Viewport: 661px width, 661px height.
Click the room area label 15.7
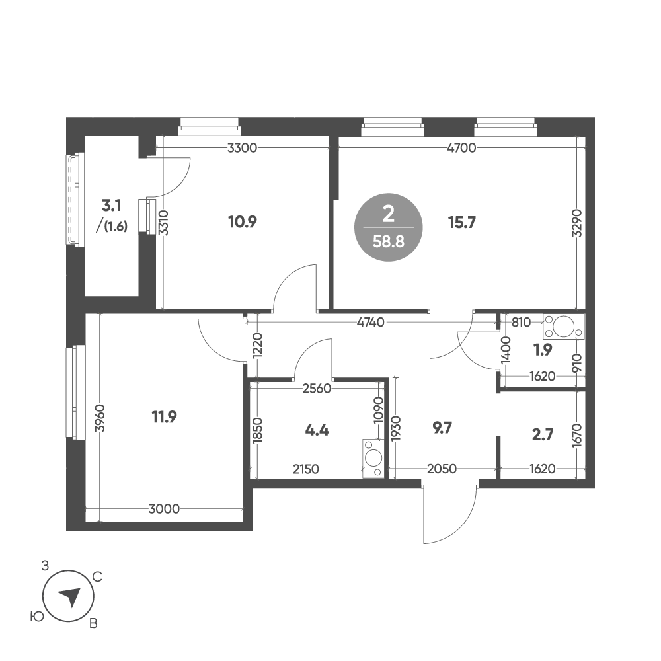(462, 222)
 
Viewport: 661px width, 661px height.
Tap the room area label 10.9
(243, 221)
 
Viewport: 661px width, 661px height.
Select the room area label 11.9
(165, 417)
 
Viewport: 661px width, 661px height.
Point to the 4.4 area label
(317, 430)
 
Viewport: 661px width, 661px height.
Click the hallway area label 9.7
(442, 428)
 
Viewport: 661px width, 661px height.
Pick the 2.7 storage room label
(543, 435)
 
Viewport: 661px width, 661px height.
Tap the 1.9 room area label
(543, 350)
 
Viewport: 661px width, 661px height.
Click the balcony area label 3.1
(112, 206)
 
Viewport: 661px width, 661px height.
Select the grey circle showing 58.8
(388, 227)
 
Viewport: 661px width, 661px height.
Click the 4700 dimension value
(461, 148)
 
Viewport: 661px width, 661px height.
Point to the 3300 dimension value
(242, 148)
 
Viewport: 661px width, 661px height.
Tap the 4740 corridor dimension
(371, 323)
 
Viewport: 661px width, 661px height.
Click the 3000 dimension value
(164, 509)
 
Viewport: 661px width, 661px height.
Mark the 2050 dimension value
(442, 469)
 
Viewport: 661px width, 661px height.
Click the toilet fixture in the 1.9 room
(564, 327)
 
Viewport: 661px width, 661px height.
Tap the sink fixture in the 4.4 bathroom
(373, 459)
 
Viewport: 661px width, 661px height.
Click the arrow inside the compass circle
(70, 596)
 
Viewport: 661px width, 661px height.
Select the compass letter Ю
(38, 617)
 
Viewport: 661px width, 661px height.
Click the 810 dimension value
(521, 323)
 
